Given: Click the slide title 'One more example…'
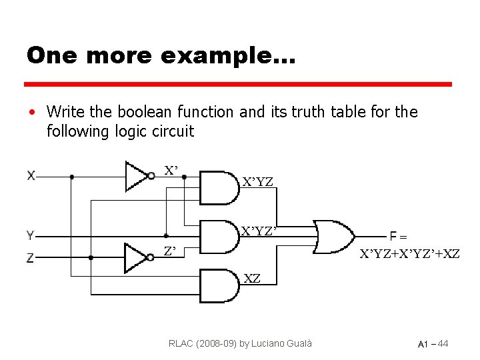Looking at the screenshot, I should tap(160, 55).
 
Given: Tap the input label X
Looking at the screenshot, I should tap(31, 176).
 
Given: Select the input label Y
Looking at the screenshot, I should tap(31, 235).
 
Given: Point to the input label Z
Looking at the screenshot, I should tap(31, 257).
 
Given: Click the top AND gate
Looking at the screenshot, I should tap(219, 187).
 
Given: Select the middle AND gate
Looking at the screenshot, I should tap(219, 236).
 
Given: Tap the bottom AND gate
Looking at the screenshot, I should tap(219, 286).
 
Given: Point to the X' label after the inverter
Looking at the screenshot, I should tap(171, 171).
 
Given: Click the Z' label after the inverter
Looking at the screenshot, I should tap(170, 251).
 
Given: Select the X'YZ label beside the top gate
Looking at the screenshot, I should tap(257, 181).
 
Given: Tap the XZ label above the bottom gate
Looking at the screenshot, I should tap(252, 278).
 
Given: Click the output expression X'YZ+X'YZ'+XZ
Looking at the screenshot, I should tap(409, 253).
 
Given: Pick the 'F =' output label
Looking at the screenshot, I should tap(399, 235).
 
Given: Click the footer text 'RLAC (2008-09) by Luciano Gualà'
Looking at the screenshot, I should tap(241, 343).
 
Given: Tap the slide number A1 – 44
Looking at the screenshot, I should tap(433, 344).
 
